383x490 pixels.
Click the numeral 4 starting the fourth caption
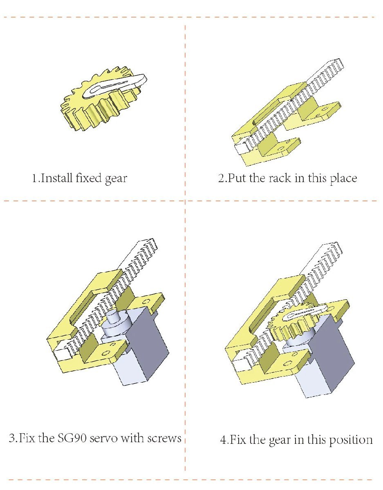pyautogui.click(x=223, y=282)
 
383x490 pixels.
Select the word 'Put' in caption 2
pyautogui.click(x=237, y=178)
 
